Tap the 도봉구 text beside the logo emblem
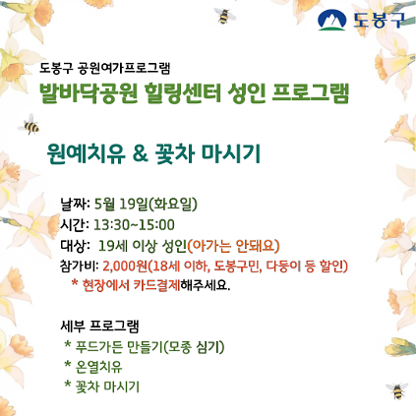pyautogui.click(x=374, y=21)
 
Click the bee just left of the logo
pyautogui.click(x=227, y=17)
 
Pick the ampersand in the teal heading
pyautogui.click(x=139, y=154)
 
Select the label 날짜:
pyautogui.click(x=76, y=205)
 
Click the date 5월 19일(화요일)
pyautogui.click(x=147, y=205)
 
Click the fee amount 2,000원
pyautogui.click(x=125, y=266)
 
